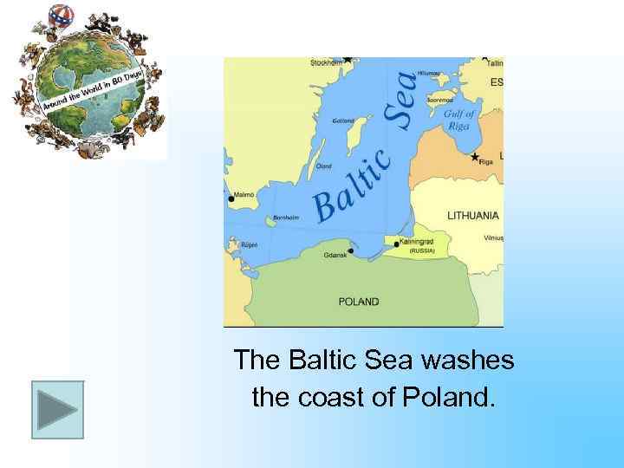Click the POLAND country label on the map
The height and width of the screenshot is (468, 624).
(x=358, y=302)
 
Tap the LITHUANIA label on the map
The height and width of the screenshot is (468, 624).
(x=472, y=215)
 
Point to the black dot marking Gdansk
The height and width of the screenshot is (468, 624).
(x=350, y=251)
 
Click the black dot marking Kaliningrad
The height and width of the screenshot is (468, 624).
(x=396, y=244)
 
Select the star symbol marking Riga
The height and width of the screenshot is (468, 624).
(x=475, y=157)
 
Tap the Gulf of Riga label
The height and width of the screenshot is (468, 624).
(x=459, y=120)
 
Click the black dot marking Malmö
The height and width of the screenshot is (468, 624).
(x=231, y=199)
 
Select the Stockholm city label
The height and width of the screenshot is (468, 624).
(x=326, y=63)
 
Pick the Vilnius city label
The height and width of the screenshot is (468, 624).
(x=492, y=237)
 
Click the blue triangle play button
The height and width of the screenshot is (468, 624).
(x=57, y=409)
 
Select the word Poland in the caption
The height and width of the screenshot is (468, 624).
(x=447, y=398)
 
